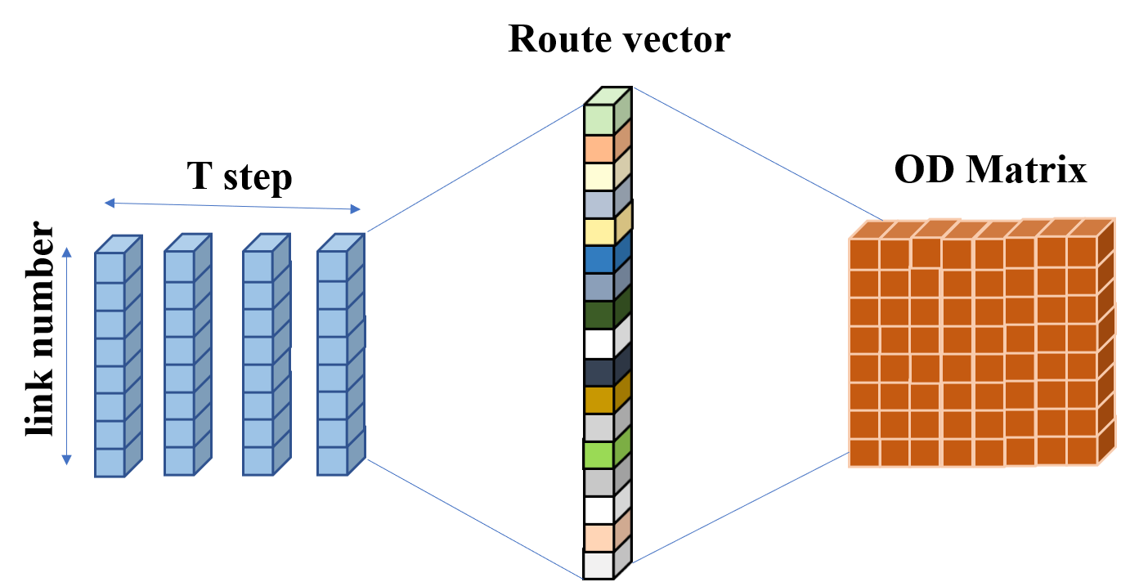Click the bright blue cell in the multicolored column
[599, 259]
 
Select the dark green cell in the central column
[599, 315]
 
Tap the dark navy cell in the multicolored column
[599, 372]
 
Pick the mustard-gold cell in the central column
[599, 400]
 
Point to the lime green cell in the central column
[599, 454]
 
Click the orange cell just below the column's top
[599, 148]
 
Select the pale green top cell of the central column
[599, 119]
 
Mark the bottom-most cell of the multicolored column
[599, 565]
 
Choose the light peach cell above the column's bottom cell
[599, 537]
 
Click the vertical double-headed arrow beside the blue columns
[67, 356]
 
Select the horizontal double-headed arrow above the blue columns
[232, 206]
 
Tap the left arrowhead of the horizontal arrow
[109, 202]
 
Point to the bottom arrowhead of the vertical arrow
[67, 460]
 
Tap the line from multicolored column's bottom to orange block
[740, 508]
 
